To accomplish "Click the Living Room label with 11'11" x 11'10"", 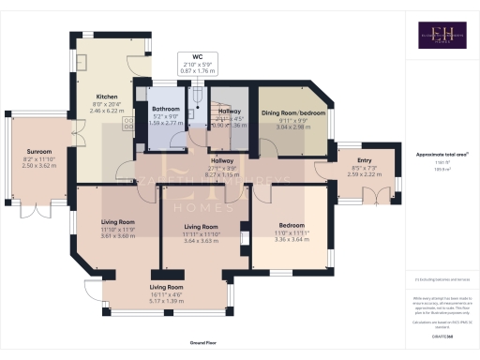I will click(202, 227).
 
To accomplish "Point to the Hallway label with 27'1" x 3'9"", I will click(221, 161).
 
